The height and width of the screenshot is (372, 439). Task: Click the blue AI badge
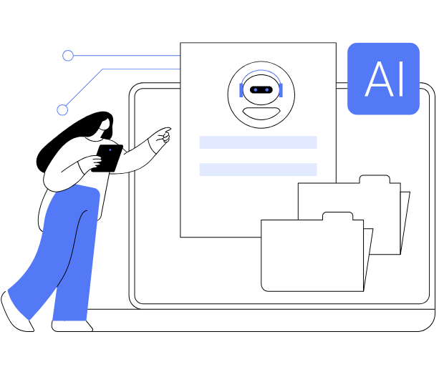point(383,78)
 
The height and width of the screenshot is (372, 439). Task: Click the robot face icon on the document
point(261,95)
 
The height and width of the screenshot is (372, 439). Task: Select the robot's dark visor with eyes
point(261,89)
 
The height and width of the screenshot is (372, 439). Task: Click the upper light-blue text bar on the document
point(258,142)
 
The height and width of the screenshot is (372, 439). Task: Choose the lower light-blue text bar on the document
point(258,170)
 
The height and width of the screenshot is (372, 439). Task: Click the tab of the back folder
point(375,179)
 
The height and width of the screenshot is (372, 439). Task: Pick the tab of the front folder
point(337,216)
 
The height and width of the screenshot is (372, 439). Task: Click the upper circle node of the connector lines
point(68,56)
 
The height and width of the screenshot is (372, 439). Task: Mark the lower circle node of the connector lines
point(62,110)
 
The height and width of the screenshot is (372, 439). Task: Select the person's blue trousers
point(68,250)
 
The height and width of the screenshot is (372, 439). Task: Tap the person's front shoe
point(72,326)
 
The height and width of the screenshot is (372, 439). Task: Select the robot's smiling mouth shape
point(261,111)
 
